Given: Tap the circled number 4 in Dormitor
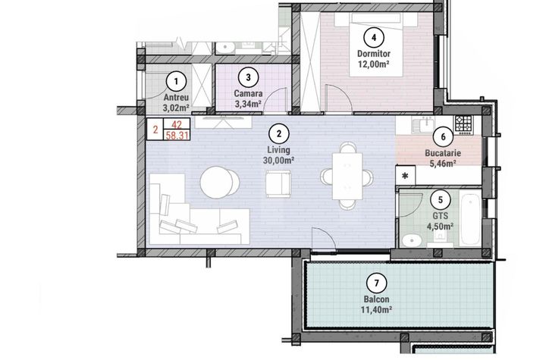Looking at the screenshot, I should (372, 36).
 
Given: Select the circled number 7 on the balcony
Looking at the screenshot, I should (376, 284).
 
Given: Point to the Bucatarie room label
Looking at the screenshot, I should (443, 152).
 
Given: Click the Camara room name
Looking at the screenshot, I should (248, 93).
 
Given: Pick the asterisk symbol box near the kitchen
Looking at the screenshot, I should (405, 176).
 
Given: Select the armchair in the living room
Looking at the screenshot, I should (278, 182).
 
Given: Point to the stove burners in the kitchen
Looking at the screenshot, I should (463, 121).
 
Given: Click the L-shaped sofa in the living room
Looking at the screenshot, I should (182, 216).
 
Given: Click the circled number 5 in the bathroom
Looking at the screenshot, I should (439, 200).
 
